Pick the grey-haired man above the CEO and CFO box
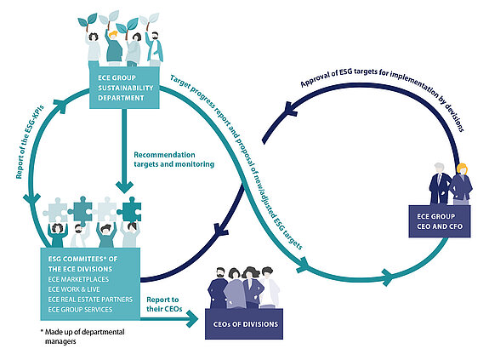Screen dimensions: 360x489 coord(441,180)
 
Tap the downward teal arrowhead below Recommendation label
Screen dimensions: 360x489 coord(126,186)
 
